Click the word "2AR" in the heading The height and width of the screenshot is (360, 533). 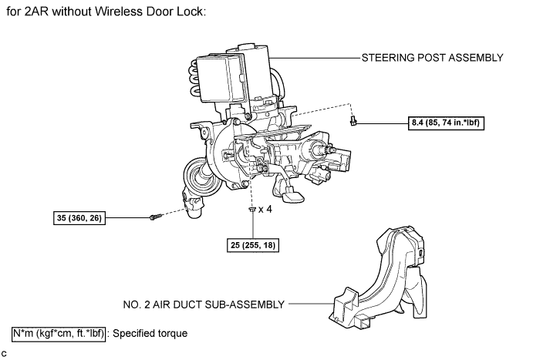tap(39, 15)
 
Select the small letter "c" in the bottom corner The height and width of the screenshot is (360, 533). tap(5, 353)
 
